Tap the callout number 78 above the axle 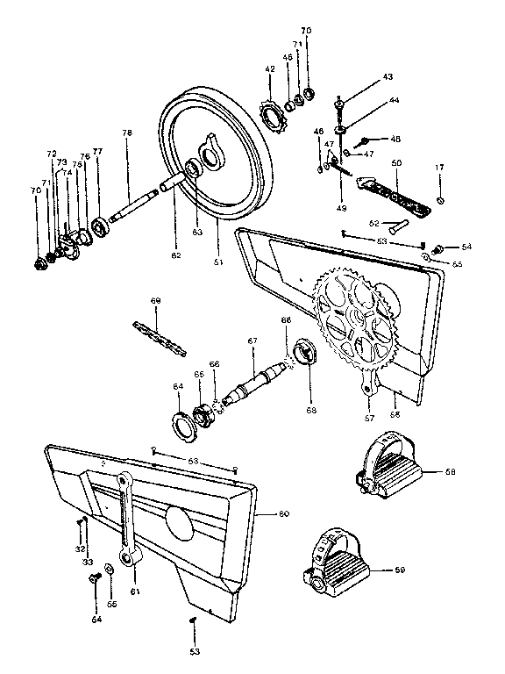pos(127,133)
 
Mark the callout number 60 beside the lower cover pos(283,513)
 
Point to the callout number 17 pos(440,167)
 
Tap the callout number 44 pos(394,101)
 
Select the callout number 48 pos(395,139)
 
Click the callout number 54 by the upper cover pos(466,247)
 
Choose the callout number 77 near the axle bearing pos(97,152)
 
